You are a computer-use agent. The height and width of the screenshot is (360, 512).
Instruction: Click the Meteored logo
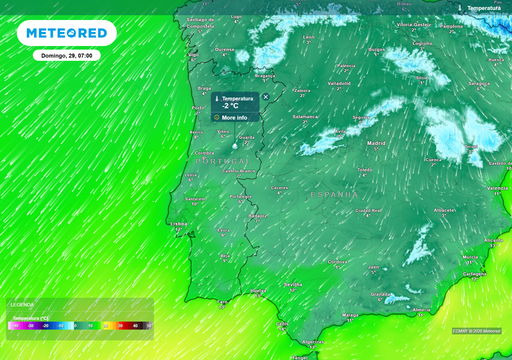point(66,33)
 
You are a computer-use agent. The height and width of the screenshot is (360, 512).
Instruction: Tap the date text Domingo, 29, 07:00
point(66,56)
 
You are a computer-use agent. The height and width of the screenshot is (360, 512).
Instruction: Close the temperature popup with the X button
point(265,97)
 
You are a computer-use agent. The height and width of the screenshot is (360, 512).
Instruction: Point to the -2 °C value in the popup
point(231,105)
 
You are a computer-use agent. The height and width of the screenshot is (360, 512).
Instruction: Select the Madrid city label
point(376,144)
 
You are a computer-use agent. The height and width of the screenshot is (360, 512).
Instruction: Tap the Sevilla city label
point(292,284)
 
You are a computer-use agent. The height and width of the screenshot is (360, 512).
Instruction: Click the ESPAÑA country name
point(333,194)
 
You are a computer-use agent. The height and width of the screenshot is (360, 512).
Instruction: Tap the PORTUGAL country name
point(222,160)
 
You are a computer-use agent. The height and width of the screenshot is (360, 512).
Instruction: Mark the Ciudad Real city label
point(369,211)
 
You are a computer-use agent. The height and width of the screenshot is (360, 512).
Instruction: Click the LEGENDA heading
point(21,304)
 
